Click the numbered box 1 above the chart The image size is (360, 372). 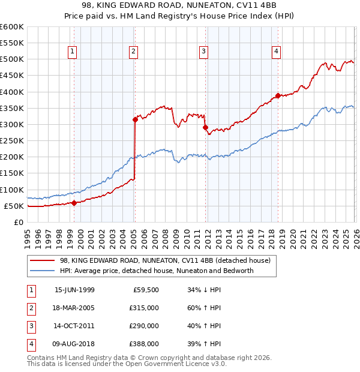coord(72,52)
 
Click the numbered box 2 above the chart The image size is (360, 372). coord(133,52)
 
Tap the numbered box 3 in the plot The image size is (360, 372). coord(203,52)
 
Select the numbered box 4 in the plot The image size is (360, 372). coord(276,52)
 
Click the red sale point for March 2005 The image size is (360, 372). coord(135,119)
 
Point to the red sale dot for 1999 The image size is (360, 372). coord(74,203)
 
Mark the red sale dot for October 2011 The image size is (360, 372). coord(205,128)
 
